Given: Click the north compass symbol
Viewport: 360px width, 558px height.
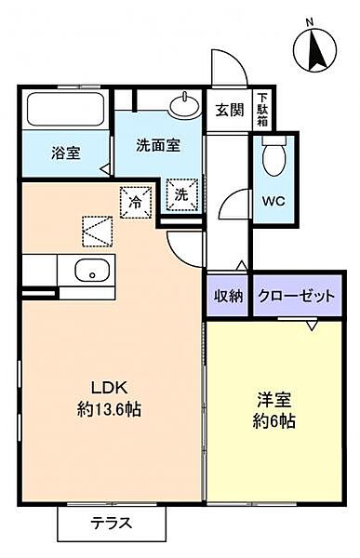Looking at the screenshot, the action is tap(315, 50).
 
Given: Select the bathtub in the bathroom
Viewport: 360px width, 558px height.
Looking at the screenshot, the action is tap(65, 110).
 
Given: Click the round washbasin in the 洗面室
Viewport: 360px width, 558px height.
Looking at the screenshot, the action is tap(184, 104).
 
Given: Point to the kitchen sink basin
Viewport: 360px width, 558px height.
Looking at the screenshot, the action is tap(92, 271).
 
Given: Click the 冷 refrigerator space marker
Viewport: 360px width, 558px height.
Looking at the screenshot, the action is tap(136, 202).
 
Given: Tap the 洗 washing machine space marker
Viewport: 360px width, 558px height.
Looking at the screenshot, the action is tap(181, 194).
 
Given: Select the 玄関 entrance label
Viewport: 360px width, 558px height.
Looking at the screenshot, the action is tap(230, 111).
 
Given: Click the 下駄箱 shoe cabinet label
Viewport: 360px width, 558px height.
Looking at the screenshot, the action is tap(263, 110).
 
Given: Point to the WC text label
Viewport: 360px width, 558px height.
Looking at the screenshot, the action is tap(273, 202).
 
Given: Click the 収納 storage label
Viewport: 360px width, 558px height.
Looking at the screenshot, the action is tap(228, 296).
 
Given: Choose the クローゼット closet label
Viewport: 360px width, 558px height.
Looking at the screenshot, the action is tap(297, 296).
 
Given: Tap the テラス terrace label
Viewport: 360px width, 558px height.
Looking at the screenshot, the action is tap(112, 523).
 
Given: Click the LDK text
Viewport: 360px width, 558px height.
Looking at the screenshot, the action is tap(110, 388).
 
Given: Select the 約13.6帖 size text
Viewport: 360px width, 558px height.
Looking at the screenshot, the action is tap(109, 409).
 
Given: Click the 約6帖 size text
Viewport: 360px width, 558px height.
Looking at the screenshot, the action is tap(273, 421).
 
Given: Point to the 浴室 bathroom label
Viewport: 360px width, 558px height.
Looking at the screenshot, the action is tap(66, 153).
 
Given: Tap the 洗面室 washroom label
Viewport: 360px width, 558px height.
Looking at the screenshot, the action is tap(158, 146).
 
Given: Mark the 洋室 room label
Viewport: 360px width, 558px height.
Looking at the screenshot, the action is tap(274, 400).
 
